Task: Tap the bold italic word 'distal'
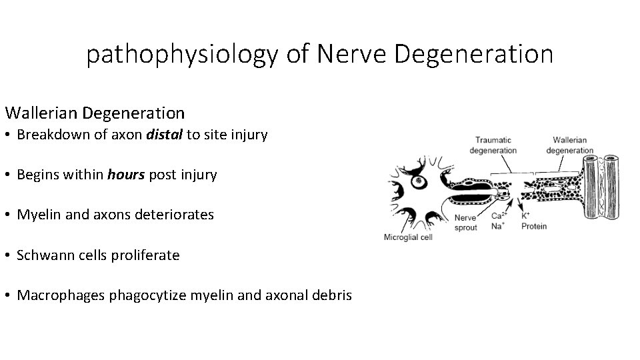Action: tap(163, 135)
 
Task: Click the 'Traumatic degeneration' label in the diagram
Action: tap(493, 145)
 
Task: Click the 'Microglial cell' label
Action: tap(407, 237)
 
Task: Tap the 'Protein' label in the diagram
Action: tap(533, 226)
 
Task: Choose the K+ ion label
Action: tap(525, 215)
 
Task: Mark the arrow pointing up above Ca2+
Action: tap(501, 203)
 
